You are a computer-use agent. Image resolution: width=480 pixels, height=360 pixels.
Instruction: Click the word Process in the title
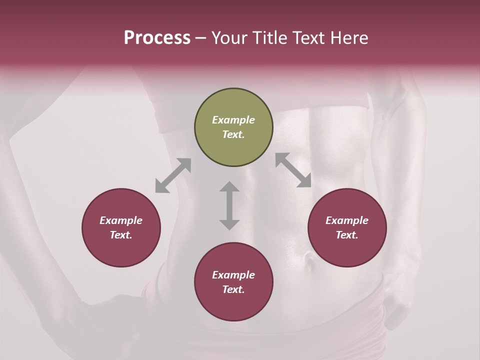coord(157,38)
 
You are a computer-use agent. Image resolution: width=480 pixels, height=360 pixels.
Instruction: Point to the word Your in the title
coord(229,38)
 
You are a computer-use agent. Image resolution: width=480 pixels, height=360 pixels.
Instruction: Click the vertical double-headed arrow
coord(229,205)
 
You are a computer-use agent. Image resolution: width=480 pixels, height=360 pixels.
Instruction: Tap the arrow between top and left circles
coord(173,175)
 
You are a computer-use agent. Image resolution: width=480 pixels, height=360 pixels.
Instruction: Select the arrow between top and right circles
coord(293,170)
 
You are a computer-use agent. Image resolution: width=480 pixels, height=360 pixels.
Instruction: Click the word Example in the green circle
coord(233,120)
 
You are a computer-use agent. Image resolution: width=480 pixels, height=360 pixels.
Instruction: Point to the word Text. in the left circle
coord(121,235)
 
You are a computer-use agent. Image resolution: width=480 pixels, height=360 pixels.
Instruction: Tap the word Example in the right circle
coord(347,220)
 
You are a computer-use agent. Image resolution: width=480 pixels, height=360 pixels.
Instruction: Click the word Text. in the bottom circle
coord(233,289)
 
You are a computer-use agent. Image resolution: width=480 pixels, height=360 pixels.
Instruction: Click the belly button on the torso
coord(309,259)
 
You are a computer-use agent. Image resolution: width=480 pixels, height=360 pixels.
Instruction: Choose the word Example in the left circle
coord(121,220)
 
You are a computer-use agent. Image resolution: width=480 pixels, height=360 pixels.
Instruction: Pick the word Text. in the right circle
coord(347,235)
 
